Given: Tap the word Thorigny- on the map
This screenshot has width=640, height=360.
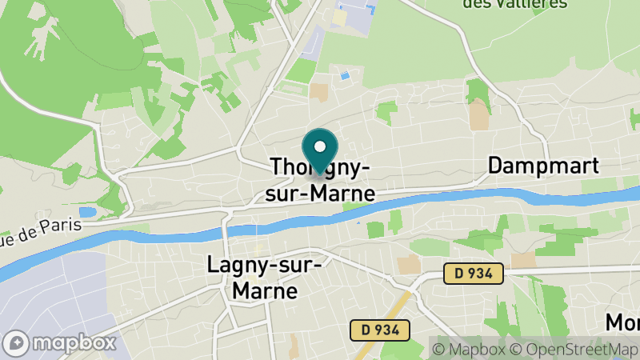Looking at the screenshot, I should click(320, 168).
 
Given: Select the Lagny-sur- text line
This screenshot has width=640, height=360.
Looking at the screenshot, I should click(264, 264).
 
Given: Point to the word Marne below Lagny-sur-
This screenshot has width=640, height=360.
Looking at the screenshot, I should click(264, 290).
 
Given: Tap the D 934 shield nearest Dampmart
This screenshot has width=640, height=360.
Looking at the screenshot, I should click(474, 274).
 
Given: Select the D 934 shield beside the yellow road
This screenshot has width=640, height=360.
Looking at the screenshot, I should click(380, 329).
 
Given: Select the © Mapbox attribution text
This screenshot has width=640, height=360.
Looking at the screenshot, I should click(470, 349).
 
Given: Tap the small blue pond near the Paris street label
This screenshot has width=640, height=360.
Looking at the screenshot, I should click(87, 212).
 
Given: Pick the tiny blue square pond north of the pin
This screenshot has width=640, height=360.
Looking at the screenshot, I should click(345, 76).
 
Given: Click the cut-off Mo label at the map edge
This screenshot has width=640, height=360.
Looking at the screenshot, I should click(622, 322).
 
